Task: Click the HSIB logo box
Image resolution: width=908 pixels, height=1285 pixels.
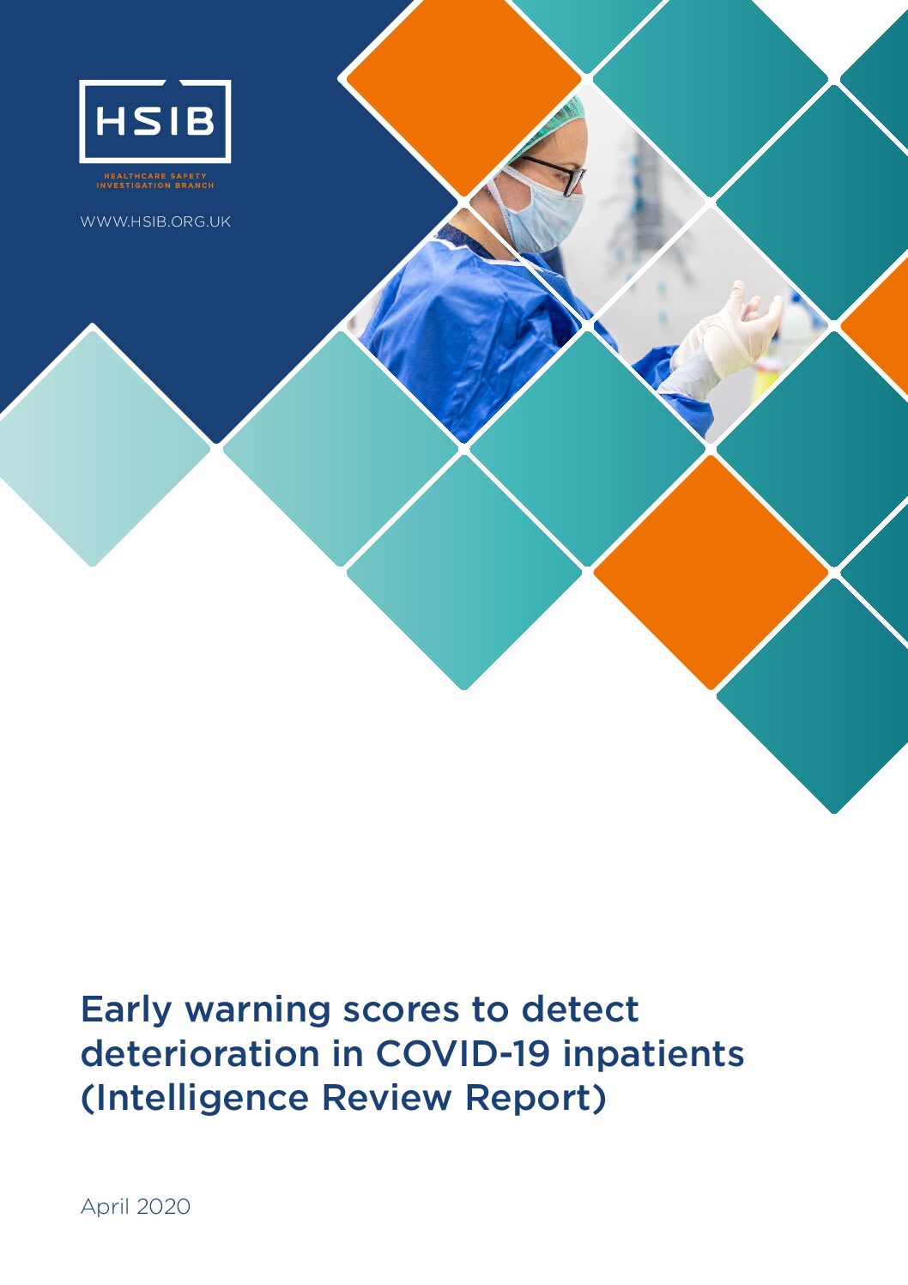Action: point(154,121)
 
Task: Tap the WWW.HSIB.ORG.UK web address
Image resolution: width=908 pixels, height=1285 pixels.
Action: point(155,221)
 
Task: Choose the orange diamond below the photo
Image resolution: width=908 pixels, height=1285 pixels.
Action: point(711,572)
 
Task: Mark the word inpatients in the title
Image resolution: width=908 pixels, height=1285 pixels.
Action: point(653,1054)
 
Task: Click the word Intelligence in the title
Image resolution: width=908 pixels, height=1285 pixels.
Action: point(195,1099)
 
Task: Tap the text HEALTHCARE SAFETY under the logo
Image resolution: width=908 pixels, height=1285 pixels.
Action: point(154,176)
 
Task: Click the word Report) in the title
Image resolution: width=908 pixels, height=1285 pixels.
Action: point(536,1099)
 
